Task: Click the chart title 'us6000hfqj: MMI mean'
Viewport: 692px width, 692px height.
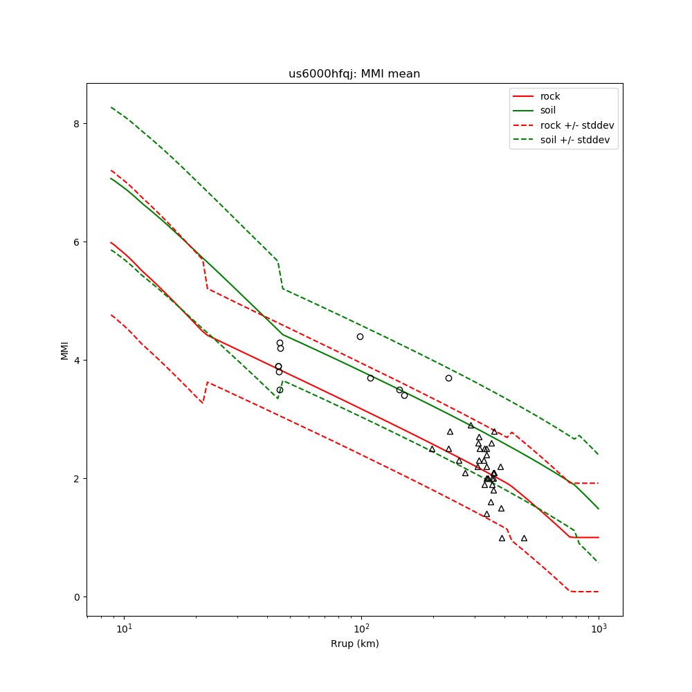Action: point(354,74)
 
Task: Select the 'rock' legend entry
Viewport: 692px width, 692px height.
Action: point(550,96)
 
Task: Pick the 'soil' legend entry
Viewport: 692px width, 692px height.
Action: point(548,110)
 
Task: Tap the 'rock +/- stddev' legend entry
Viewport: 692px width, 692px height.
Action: point(577,125)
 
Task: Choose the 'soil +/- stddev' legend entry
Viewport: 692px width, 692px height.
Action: point(576,140)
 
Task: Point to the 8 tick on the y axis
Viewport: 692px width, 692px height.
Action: point(78,123)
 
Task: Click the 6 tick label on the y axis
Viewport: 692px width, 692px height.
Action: point(78,242)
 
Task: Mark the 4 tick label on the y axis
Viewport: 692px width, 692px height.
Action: point(78,360)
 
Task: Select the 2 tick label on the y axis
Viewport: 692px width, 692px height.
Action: point(78,478)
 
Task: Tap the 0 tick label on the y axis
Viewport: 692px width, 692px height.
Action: point(78,597)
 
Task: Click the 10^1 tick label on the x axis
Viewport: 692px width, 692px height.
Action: point(124,629)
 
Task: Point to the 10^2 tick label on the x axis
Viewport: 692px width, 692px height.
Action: point(361,629)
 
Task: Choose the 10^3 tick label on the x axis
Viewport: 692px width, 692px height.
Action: point(599,629)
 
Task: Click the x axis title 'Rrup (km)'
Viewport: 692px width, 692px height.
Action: point(354,644)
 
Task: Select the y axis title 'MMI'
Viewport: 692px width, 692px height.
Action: point(64,349)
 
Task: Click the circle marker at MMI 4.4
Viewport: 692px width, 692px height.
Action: point(360,336)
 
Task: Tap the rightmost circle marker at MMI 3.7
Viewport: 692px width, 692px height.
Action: point(448,378)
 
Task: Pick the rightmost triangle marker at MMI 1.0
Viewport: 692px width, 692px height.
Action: point(524,538)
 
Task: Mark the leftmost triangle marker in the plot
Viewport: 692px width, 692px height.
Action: point(432,449)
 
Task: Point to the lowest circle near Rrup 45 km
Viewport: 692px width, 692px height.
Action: point(280,390)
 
